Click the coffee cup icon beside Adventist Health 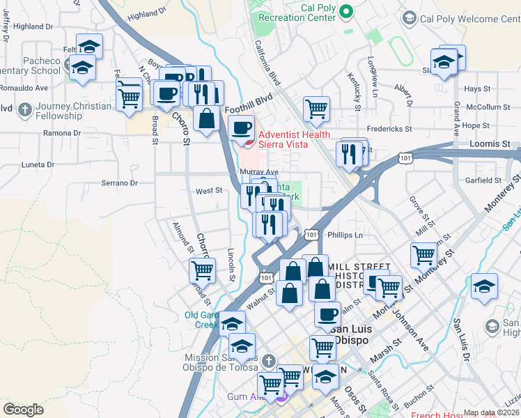click(242, 127)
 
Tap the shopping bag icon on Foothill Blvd click(207, 118)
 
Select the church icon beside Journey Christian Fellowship click(25, 110)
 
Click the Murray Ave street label click(258, 172)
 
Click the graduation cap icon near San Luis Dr click(485, 286)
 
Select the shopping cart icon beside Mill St click(423, 254)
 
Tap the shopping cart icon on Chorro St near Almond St click(202, 269)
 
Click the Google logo click(23, 410)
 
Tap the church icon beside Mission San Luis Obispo click(271, 360)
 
